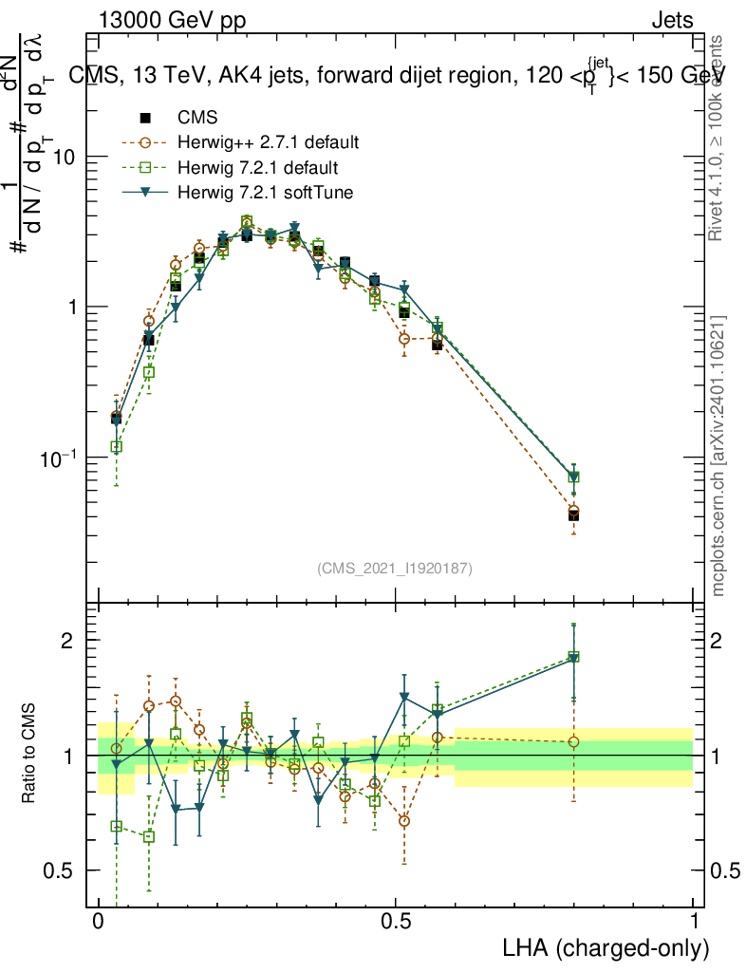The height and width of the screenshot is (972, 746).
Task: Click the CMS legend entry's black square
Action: pyautogui.click(x=145, y=119)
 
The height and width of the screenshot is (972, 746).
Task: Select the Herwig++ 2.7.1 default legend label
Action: pyautogui.click(x=268, y=143)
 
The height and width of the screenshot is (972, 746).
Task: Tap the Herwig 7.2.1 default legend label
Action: pyautogui.click(x=258, y=168)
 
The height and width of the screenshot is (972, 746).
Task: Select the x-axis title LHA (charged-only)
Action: pyautogui.click(x=606, y=948)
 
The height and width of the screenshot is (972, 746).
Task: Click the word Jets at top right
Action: pyautogui.click(x=671, y=21)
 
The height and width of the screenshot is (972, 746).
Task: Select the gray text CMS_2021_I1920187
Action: pyautogui.click(x=395, y=568)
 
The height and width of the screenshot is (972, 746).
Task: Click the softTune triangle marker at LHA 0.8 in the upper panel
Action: pyautogui.click(x=573, y=474)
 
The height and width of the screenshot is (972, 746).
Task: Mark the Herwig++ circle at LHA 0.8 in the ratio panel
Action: pyautogui.click(x=573, y=741)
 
